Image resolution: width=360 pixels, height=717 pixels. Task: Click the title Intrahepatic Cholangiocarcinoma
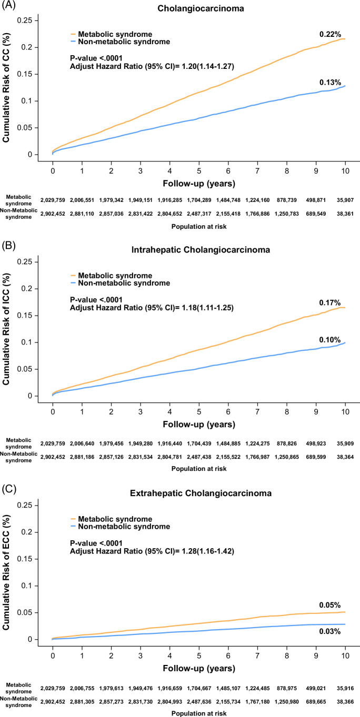click(x=201, y=249)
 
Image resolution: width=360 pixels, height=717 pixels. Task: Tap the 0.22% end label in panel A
click(x=330, y=34)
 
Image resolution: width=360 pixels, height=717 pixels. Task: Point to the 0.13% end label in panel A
click(x=330, y=82)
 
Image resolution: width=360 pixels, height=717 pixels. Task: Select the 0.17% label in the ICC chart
click(x=330, y=302)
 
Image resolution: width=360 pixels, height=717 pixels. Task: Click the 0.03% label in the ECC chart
click(x=330, y=631)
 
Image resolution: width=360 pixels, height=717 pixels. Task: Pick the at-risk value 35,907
click(x=345, y=200)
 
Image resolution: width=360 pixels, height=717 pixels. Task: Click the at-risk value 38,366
click(x=345, y=701)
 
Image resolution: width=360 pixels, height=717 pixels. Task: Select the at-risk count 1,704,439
click(x=199, y=443)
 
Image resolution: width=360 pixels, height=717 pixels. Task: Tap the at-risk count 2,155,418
click(x=228, y=214)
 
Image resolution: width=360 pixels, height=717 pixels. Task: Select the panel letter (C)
click(x=8, y=489)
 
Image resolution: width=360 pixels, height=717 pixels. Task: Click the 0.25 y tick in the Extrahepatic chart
click(x=28, y=506)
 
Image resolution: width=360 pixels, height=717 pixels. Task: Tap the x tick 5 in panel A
click(x=199, y=171)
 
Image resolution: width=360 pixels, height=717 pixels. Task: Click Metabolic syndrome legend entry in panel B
click(x=112, y=276)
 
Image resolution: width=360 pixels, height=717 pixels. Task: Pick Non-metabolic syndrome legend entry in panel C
click(x=121, y=527)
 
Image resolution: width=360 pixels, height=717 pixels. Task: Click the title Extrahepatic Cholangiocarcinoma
click(x=201, y=493)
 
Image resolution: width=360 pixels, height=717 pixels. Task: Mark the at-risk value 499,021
click(x=316, y=688)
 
